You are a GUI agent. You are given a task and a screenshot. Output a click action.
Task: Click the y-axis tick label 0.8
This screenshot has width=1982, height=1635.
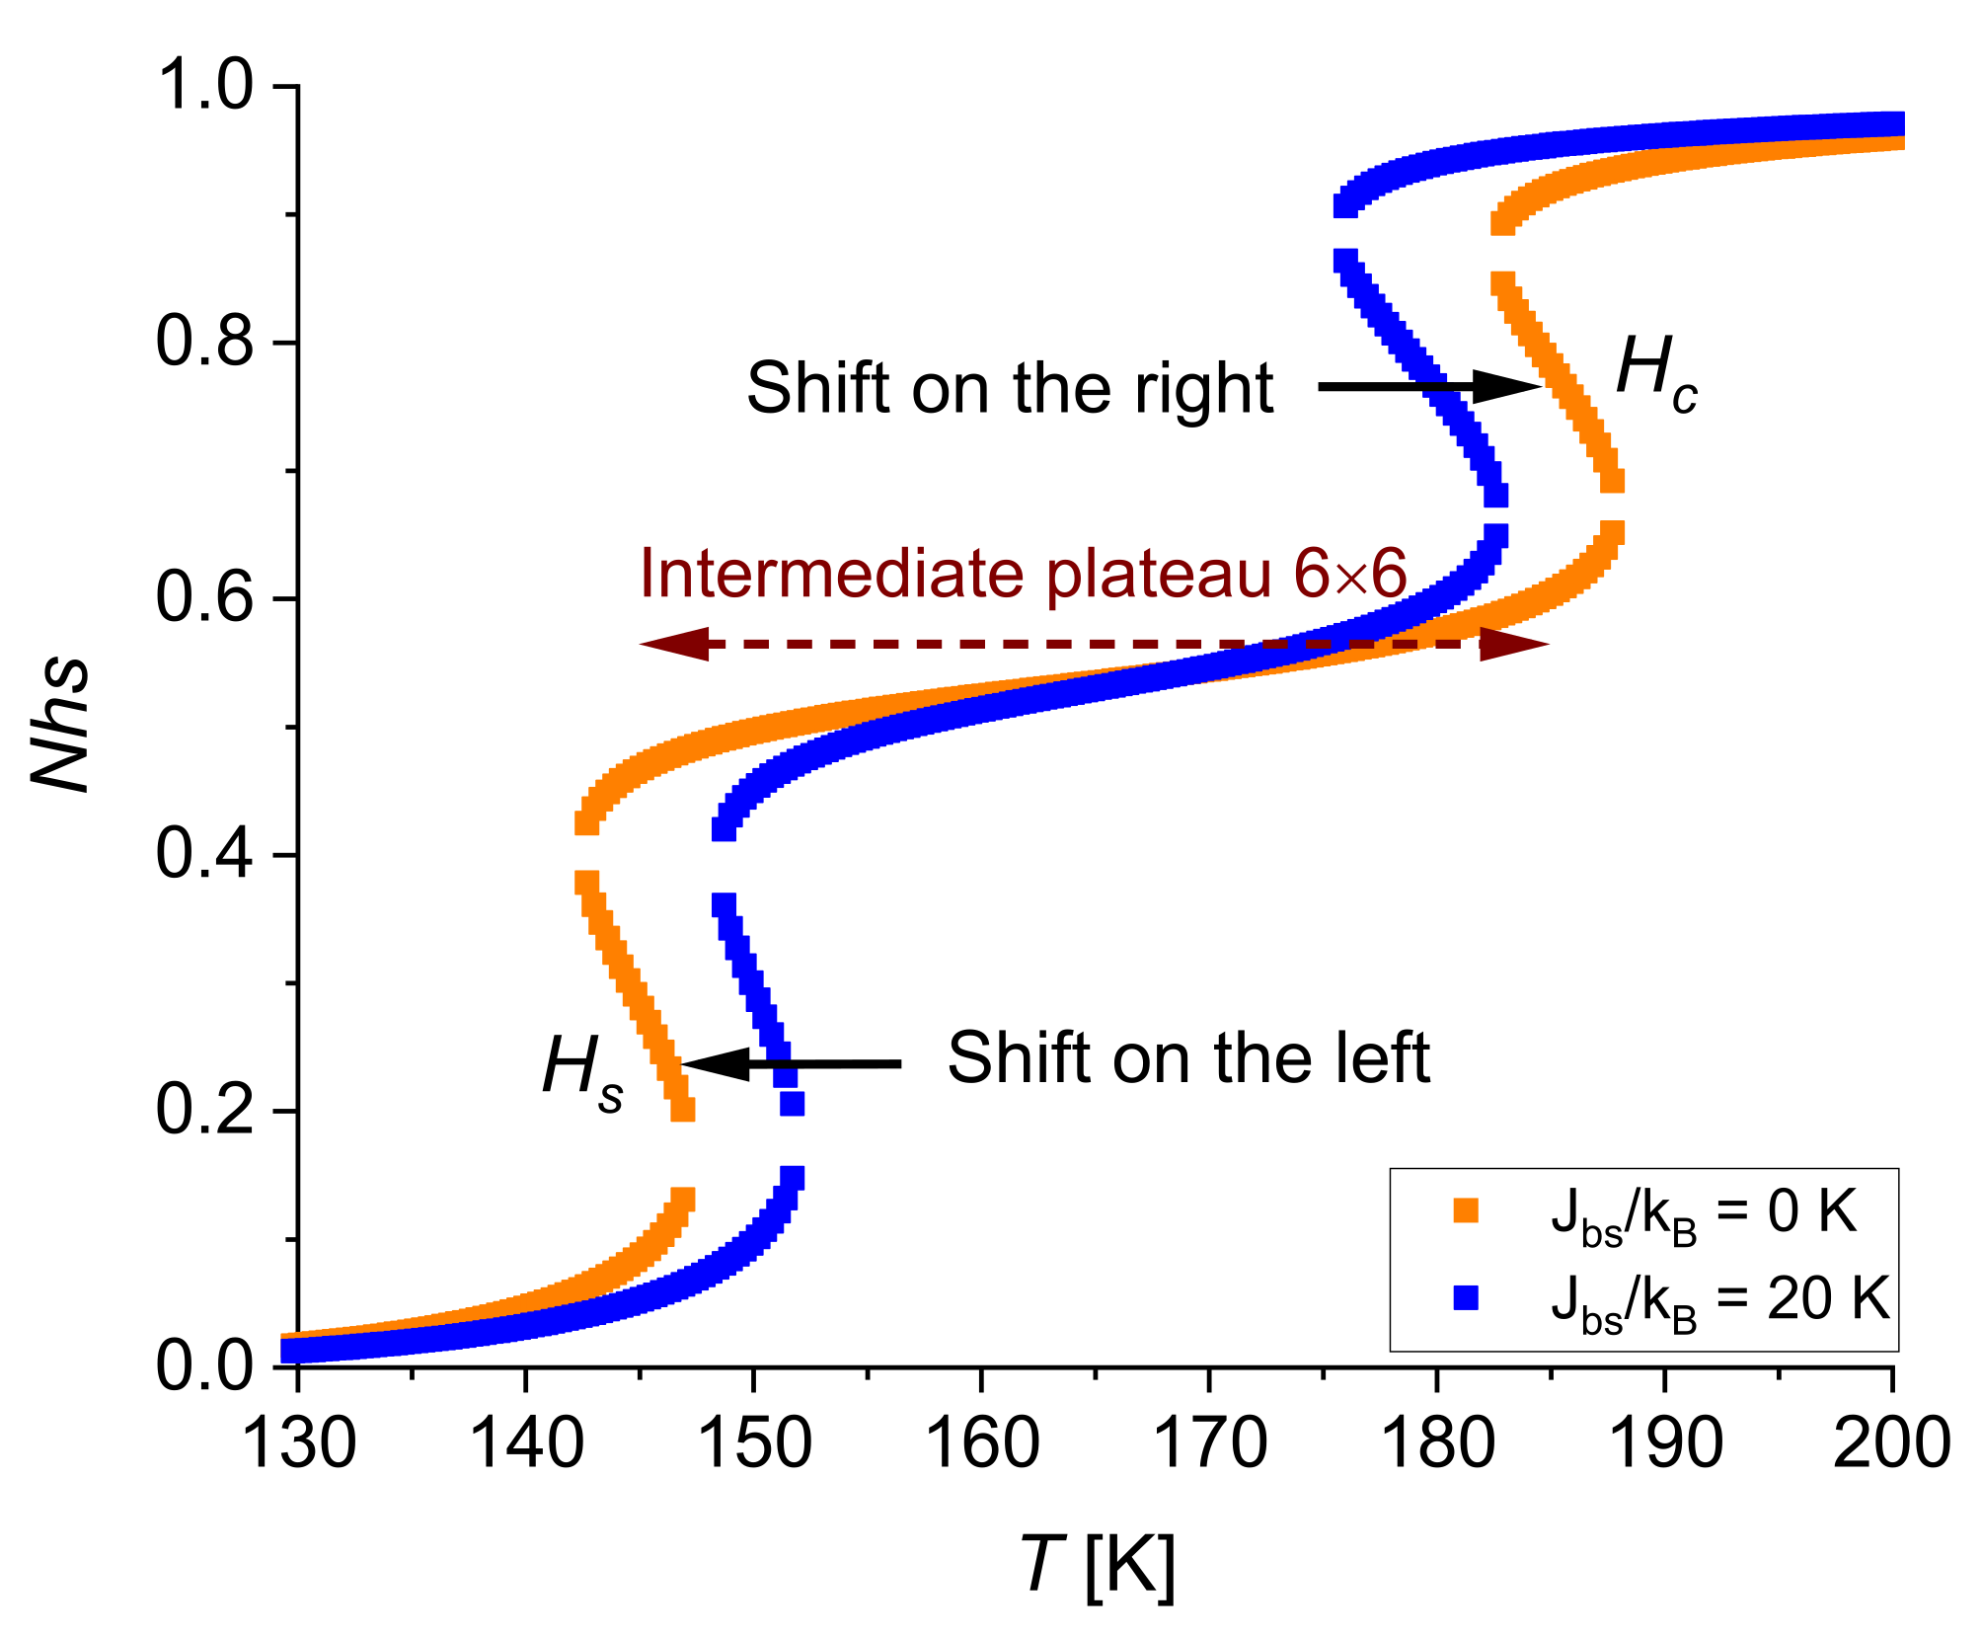coord(204,344)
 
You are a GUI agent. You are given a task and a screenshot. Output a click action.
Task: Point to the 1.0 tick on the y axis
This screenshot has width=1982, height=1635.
coord(204,87)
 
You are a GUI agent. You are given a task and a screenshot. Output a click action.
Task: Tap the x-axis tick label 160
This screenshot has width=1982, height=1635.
coord(981,1443)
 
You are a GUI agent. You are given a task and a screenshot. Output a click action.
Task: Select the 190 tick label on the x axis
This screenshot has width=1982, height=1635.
coord(1665,1443)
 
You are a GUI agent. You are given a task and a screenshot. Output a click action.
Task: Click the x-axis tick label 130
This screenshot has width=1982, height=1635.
coord(298,1443)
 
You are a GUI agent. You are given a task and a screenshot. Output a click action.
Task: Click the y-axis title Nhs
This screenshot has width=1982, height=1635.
coord(61,726)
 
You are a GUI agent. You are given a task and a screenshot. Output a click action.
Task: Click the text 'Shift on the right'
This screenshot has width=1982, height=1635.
coord(1009,388)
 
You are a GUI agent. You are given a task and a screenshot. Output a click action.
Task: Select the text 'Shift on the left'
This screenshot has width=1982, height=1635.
coord(1188,1058)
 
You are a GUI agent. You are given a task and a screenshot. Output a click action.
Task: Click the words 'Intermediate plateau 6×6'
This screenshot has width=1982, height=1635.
coord(1023,574)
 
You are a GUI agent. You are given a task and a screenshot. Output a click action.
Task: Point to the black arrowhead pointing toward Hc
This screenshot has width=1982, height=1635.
coord(1508,386)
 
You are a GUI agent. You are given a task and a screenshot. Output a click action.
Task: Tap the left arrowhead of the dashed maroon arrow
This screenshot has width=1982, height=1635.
coord(675,644)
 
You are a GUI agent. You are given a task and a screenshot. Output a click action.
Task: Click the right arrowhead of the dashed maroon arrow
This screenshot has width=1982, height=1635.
coord(1514,644)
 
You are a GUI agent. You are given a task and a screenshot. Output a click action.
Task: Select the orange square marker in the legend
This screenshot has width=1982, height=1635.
coord(1466,1210)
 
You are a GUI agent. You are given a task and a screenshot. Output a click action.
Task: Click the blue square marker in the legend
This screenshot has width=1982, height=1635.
coord(1466,1296)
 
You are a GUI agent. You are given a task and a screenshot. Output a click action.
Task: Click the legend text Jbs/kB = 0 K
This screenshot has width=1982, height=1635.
coord(1704,1214)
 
